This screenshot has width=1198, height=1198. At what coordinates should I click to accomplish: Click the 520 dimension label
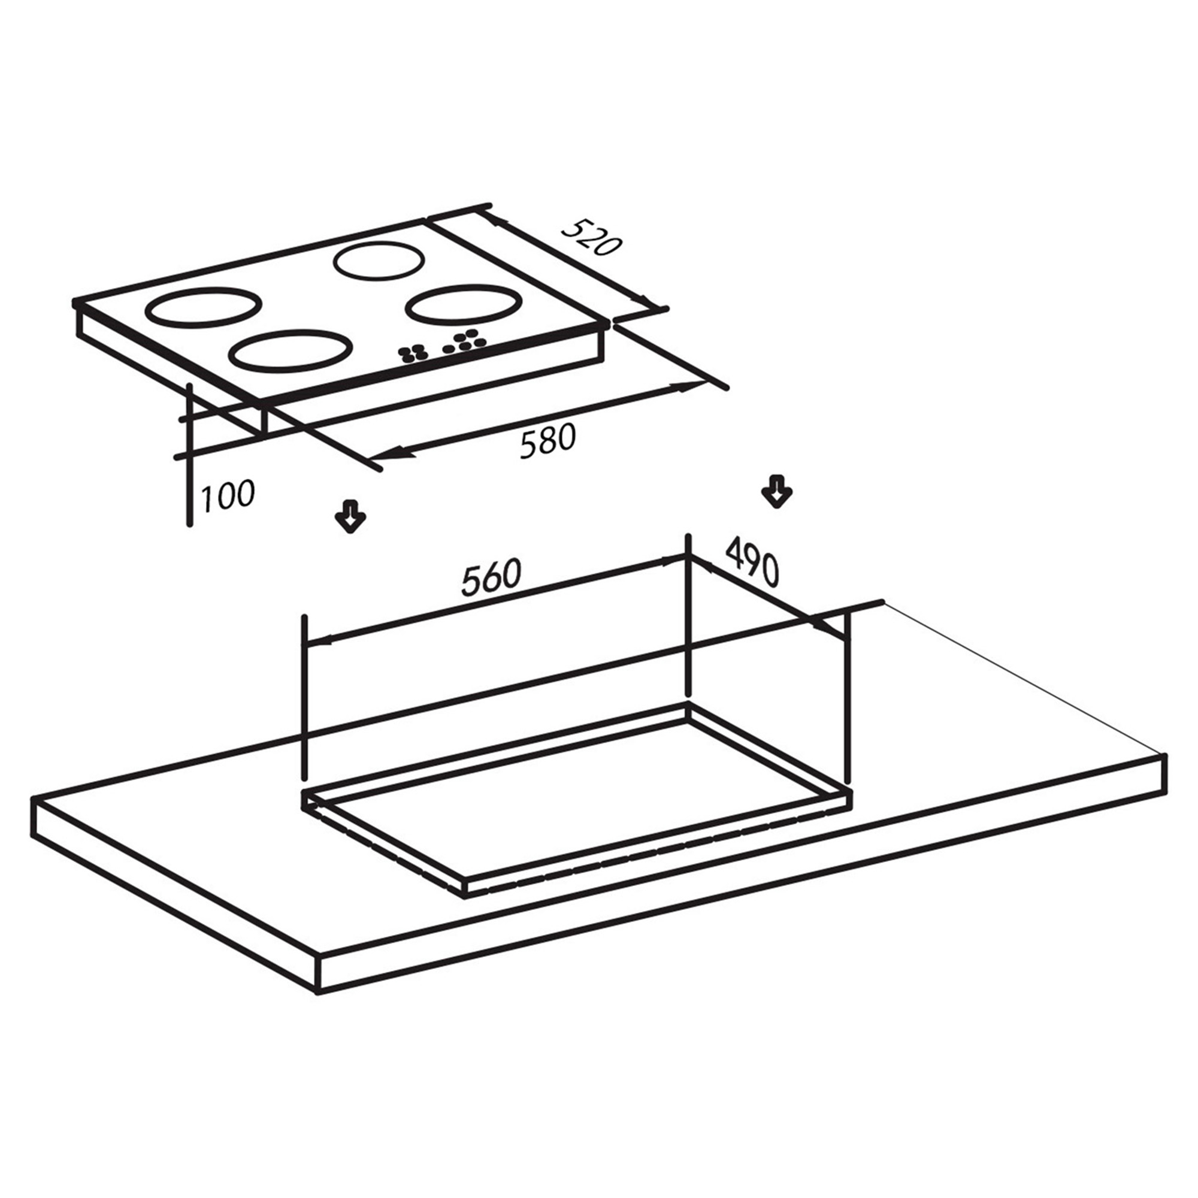[x=591, y=237]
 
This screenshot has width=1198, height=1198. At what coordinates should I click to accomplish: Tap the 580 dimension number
[x=547, y=440]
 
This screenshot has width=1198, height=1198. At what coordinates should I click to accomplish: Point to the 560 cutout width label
[x=491, y=577]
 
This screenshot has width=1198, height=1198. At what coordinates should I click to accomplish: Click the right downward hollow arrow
[x=776, y=492]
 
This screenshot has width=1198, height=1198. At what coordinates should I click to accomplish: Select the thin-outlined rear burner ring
[x=380, y=261]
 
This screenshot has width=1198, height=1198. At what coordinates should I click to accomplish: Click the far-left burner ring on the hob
[x=201, y=306]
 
